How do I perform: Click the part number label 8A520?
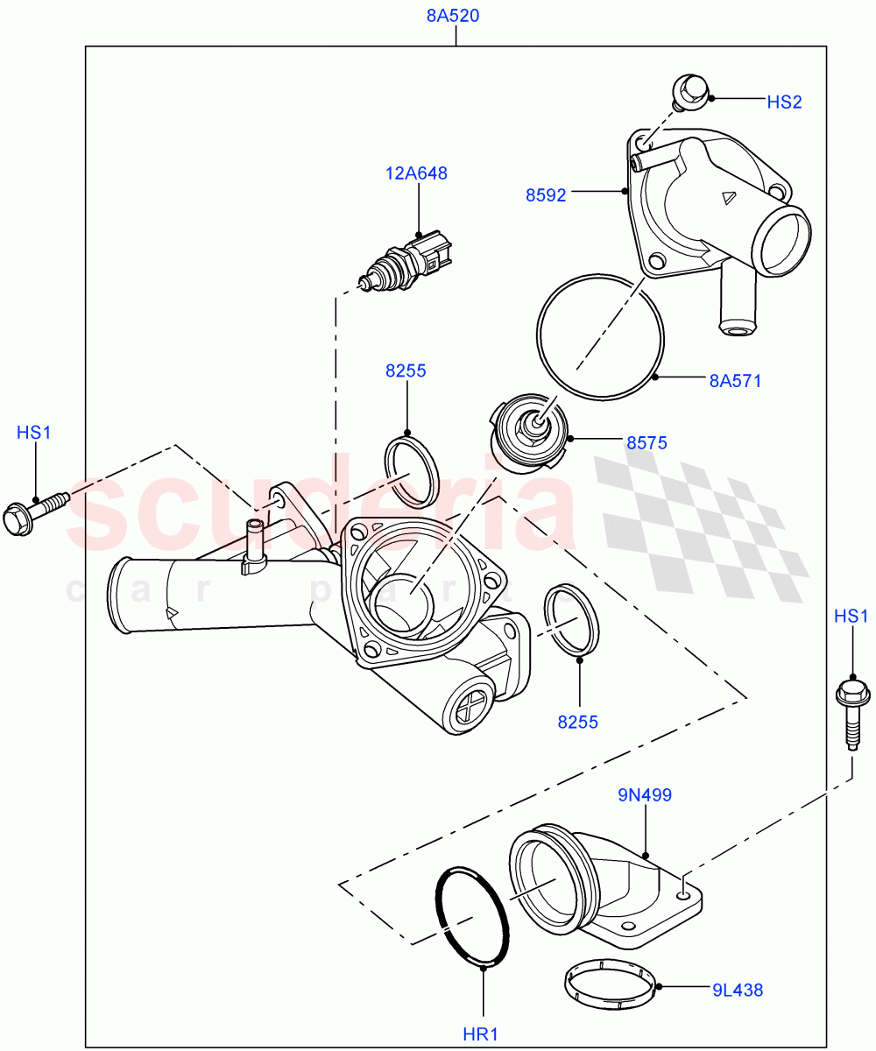tap(454, 16)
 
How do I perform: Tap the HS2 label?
tap(784, 102)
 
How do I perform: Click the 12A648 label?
tap(416, 173)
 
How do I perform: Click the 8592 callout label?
tap(546, 195)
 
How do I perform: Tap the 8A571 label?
tap(735, 381)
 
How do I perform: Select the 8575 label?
tap(646, 443)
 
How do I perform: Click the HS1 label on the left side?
tap(35, 432)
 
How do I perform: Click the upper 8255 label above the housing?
tap(406, 370)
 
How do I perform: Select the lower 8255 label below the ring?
tap(577, 722)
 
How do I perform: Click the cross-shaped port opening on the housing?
tap(465, 702)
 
